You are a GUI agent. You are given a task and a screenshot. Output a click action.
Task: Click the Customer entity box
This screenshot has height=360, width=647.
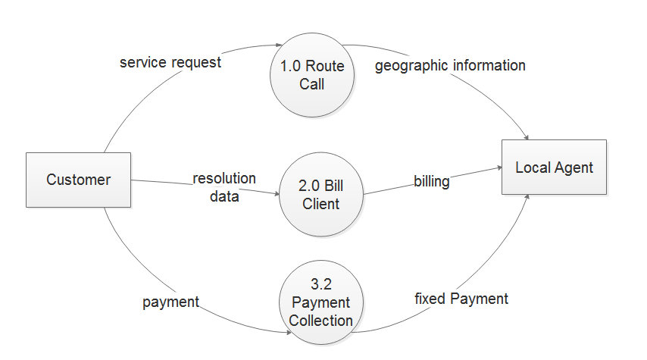click(x=78, y=180)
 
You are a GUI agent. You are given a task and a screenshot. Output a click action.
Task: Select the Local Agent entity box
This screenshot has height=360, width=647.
click(x=554, y=167)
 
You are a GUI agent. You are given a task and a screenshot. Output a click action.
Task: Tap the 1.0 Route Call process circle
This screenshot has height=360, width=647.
click(x=311, y=75)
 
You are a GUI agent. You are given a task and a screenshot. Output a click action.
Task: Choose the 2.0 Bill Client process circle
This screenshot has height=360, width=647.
click(x=320, y=195)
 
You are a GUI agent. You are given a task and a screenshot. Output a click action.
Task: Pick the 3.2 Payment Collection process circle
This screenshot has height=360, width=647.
click(x=320, y=301)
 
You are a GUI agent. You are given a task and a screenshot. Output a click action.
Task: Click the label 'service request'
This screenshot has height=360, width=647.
click(x=170, y=62)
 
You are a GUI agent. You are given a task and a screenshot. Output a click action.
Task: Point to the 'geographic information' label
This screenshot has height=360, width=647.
click(x=450, y=65)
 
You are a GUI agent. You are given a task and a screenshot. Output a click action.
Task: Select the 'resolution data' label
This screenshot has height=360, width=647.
click(x=224, y=187)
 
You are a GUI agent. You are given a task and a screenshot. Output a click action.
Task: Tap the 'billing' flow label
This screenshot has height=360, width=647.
click(x=431, y=181)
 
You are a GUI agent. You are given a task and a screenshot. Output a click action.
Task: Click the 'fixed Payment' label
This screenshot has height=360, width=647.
click(x=461, y=299)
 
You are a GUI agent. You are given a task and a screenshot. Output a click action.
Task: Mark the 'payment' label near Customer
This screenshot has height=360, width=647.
click(x=170, y=302)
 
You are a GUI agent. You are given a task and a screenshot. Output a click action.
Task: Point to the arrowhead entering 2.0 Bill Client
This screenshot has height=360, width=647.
click(x=276, y=193)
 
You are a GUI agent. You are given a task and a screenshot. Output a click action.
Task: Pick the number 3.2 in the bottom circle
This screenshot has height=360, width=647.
click(x=320, y=285)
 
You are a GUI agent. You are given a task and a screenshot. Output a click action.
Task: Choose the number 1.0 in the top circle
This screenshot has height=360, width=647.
click(x=290, y=66)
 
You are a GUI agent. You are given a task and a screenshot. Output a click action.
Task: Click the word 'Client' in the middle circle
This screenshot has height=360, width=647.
click(x=320, y=203)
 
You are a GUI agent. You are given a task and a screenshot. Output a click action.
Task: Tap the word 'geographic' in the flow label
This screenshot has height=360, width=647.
click(x=411, y=65)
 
